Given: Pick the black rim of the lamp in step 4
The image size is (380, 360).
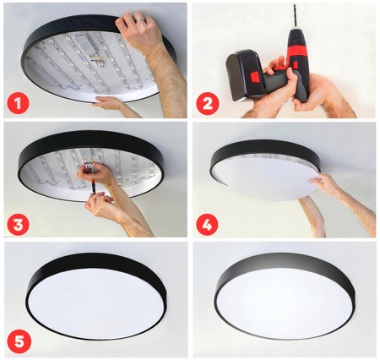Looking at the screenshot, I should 253,152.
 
